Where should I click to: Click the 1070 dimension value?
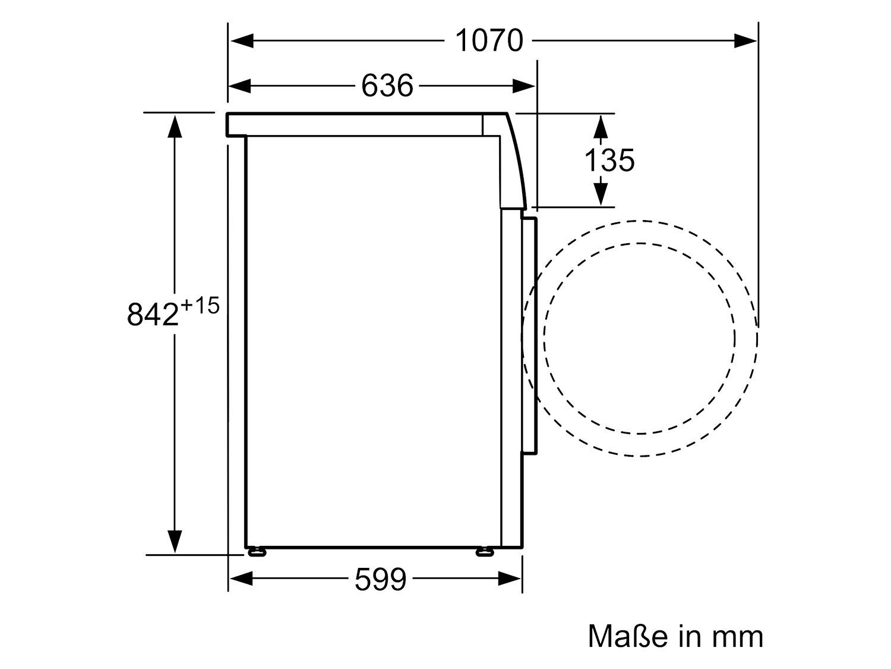(489, 40)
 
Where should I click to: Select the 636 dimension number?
(387, 86)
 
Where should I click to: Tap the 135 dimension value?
(609, 161)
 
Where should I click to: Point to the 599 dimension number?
(380, 579)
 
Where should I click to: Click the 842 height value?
(153, 315)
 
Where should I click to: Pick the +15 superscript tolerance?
(200, 306)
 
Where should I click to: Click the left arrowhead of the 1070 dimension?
(242, 40)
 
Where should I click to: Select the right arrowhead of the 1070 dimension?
(745, 40)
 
